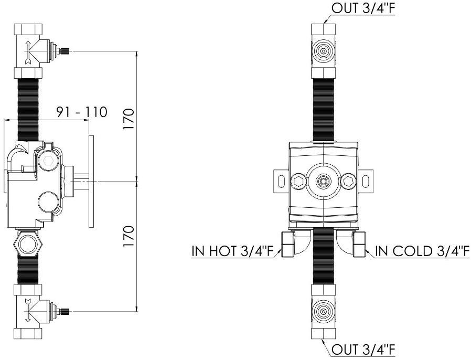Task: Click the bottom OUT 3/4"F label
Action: pos(363,350)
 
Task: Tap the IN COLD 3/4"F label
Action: pos(422,251)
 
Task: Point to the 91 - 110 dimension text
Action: pos(82,112)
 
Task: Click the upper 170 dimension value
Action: pos(129,119)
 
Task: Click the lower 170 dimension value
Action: pos(129,237)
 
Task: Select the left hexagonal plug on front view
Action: pos(298,181)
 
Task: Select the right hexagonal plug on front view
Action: pos(348,181)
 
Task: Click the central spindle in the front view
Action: pos(323,181)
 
